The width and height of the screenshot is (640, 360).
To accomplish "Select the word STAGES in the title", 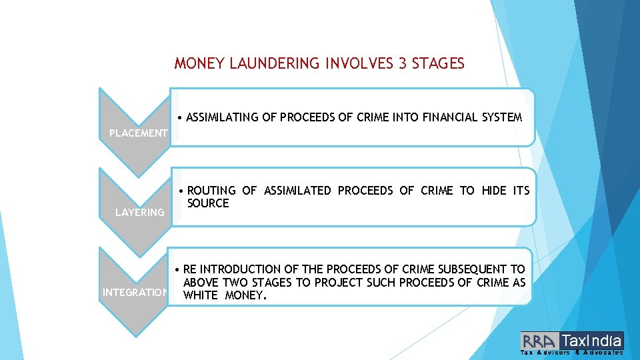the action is (x=438, y=64).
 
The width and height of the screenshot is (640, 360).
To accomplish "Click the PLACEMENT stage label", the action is (x=138, y=133).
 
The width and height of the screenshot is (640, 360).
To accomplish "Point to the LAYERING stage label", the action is (x=139, y=212).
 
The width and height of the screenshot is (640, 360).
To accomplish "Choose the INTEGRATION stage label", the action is (x=134, y=292).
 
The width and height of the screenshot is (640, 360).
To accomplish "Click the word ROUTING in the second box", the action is (x=211, y=191).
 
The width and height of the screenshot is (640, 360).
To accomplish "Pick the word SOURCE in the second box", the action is (x=208, y=203).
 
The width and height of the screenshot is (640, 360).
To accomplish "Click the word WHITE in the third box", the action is (x=200, y=295).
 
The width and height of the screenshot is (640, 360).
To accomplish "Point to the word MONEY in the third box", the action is (x=245, y=295).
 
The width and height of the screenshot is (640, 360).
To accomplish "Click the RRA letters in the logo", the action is (x=541, y=340).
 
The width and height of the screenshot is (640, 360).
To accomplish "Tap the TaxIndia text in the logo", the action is (x=592, y=340).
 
